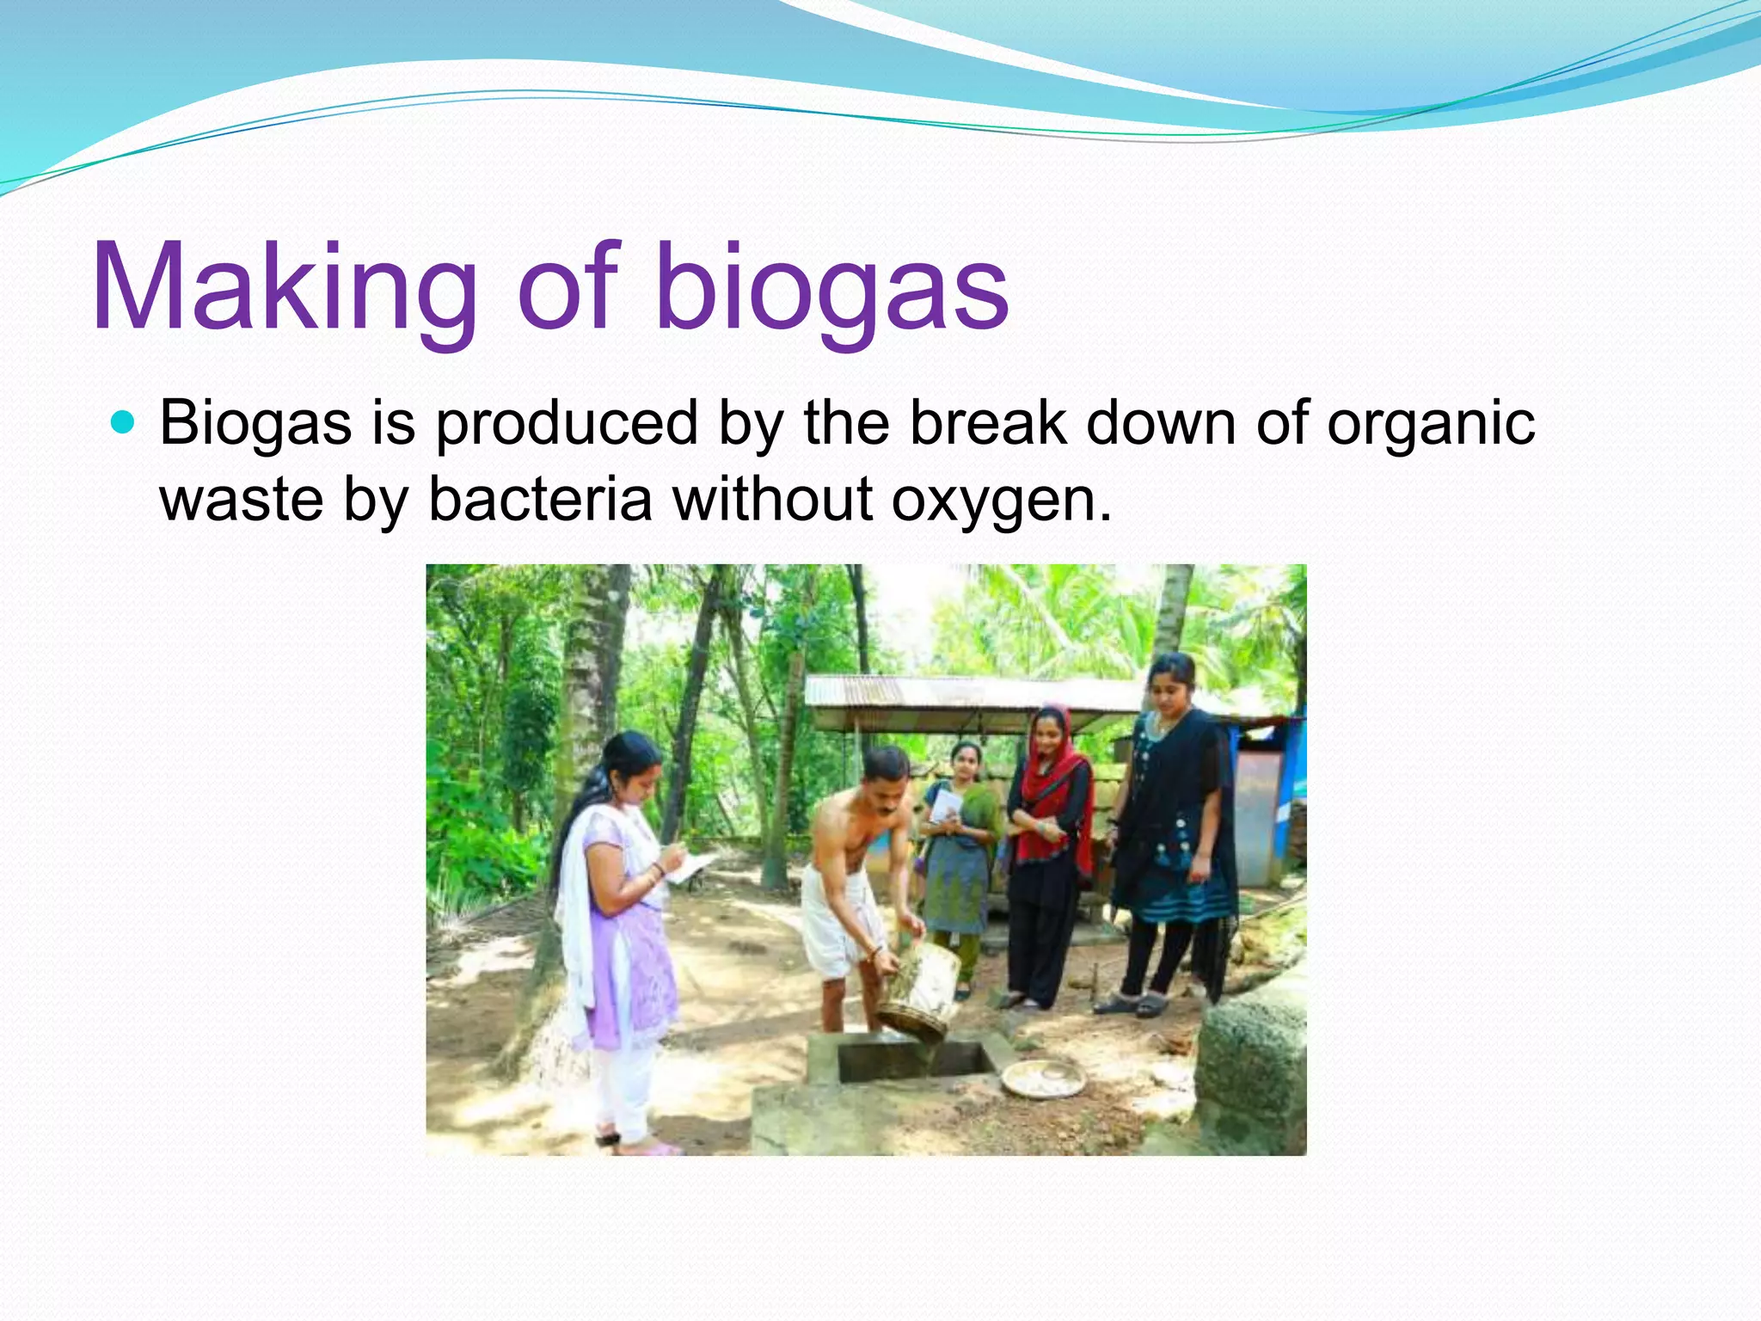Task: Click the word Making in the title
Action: click(x=284, y=288)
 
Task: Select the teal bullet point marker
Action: click(x=124, y=422)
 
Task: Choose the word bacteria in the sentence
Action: click(x=540, y=499)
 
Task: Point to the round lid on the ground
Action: click(x=1043, y=1077)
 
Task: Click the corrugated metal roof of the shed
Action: click(x=972, y=692)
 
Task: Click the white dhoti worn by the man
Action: click(x=838, y=920)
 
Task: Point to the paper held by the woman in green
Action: click(x=947, y=805)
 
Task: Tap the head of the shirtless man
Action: click(x=886, y=774)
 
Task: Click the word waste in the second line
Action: click(x=241, y=499)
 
